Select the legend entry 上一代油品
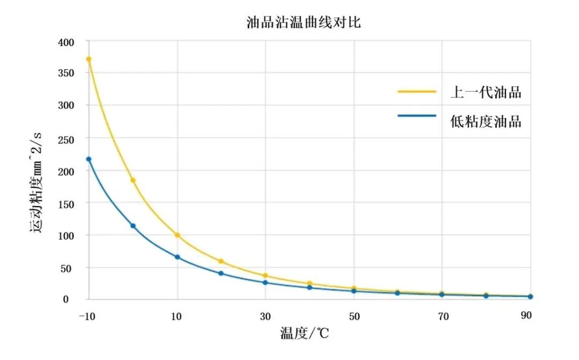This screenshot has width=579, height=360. (486, 92)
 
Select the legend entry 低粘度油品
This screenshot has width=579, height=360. (486, 121)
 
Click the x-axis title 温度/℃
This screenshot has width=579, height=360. (304, 334)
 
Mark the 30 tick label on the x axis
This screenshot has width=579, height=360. (265, 316)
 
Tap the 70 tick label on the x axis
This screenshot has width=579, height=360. (442, 316)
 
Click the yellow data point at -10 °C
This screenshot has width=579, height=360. (89, 59)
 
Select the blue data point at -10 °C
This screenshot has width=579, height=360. (89, 159)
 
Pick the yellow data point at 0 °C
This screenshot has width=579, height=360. (133, 181)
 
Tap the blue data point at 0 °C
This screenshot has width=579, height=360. (133, 226)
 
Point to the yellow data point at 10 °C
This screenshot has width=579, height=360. (177, 235)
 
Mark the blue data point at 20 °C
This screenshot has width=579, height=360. (221, 273)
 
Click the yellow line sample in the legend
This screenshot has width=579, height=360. (417, 92)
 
